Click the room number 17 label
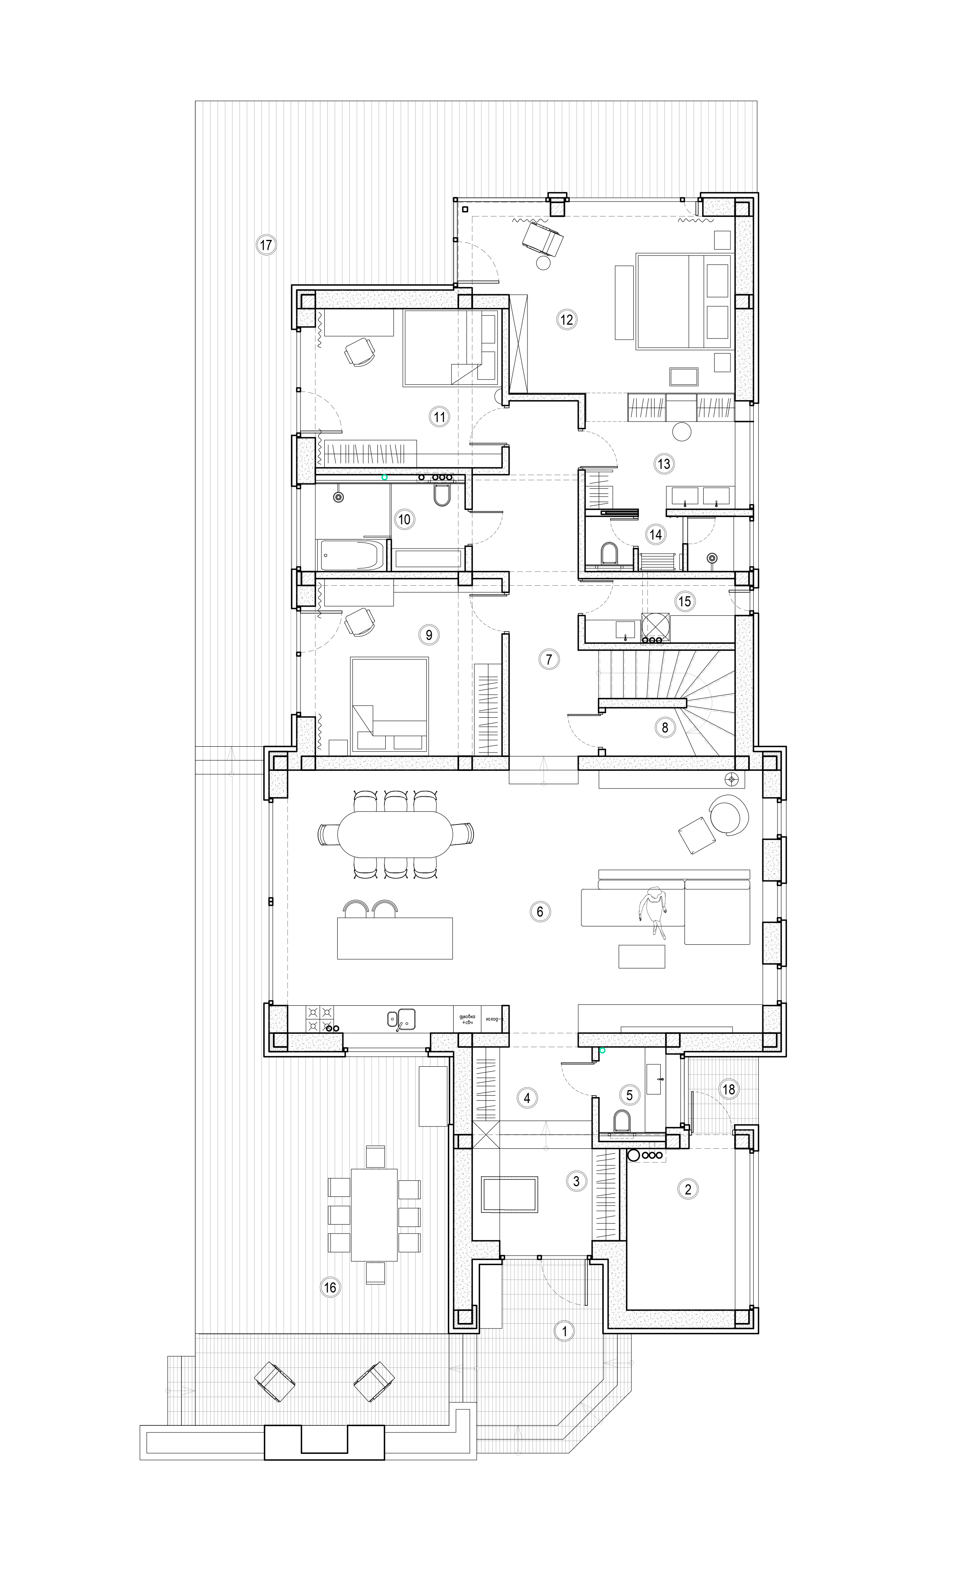266,245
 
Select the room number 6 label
540,911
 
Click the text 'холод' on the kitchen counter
493,1019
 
